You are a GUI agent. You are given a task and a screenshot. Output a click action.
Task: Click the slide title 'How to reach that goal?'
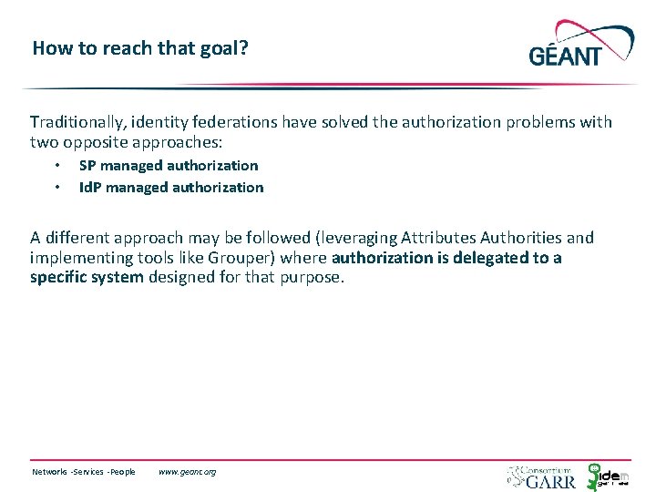click(x=139, y=47)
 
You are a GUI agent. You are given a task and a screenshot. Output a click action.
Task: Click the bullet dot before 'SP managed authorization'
click(x=56, y=166)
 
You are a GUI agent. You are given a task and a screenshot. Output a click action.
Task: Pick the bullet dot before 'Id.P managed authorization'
click(x=56, y=188)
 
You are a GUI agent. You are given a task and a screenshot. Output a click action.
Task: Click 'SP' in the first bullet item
click(x=87, y=166)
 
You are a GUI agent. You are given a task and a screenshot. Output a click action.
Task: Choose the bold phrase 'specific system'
click(x=87, y=278)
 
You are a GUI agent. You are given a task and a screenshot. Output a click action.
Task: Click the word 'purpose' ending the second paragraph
click(x=313, y=278)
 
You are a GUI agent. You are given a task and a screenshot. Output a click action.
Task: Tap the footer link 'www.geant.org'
click(x=187, y=472)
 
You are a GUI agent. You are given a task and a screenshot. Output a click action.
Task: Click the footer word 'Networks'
click(x=50, y=472)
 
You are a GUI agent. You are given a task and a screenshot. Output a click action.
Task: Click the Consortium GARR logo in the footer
click(x=542, y=476)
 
